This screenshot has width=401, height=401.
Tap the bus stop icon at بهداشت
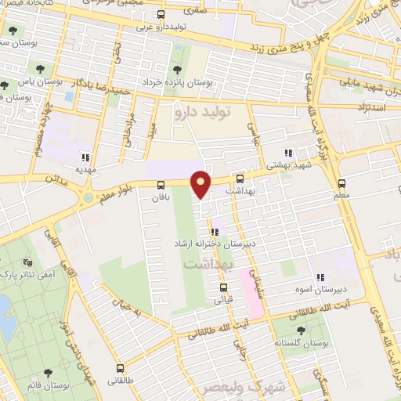[x=251, y=179]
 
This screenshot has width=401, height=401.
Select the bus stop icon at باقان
[x=161, y=185]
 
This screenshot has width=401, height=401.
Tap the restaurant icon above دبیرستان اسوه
[x=320, y=276]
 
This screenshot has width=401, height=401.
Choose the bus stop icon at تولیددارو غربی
[x=161, y=14]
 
